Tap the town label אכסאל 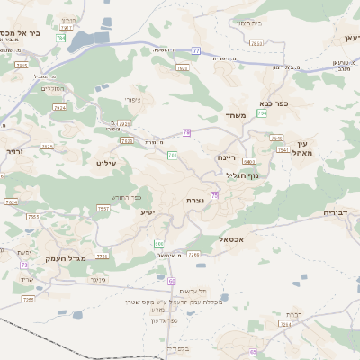232,239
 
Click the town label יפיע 148,212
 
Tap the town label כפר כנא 273,103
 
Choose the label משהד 237,116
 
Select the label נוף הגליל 242,175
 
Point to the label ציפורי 133,101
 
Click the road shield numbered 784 61,38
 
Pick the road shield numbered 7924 60,107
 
